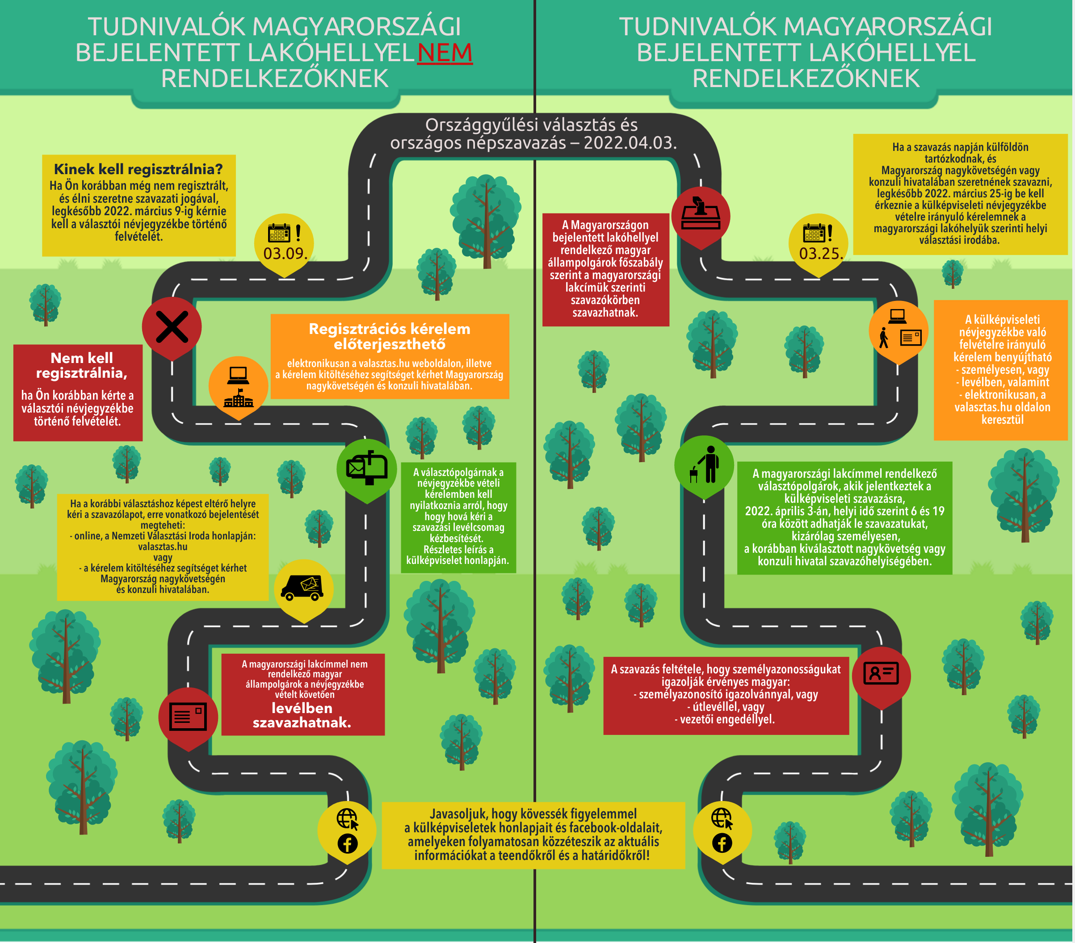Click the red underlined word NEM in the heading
[x=445, y=53]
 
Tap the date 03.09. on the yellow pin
[x=285, y=253]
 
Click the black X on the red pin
[x=172, y=327]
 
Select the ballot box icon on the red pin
[x=701, y=214]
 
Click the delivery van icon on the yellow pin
[x=302, y=588]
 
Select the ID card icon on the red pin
[x=882, y=673]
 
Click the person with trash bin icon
[x=705, y=465]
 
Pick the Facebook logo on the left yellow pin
[x=347, y=843]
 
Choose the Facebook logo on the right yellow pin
[x=722, y=843]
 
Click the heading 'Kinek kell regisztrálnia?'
[x=139, y=169]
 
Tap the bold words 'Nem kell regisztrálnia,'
[x=81, y=366]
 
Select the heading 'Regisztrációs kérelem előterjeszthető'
[x=389, y=336]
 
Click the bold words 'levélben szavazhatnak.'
[x=302, y=715]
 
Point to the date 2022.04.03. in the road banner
[x=630, y=143]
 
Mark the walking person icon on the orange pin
[x=884, y=338]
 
